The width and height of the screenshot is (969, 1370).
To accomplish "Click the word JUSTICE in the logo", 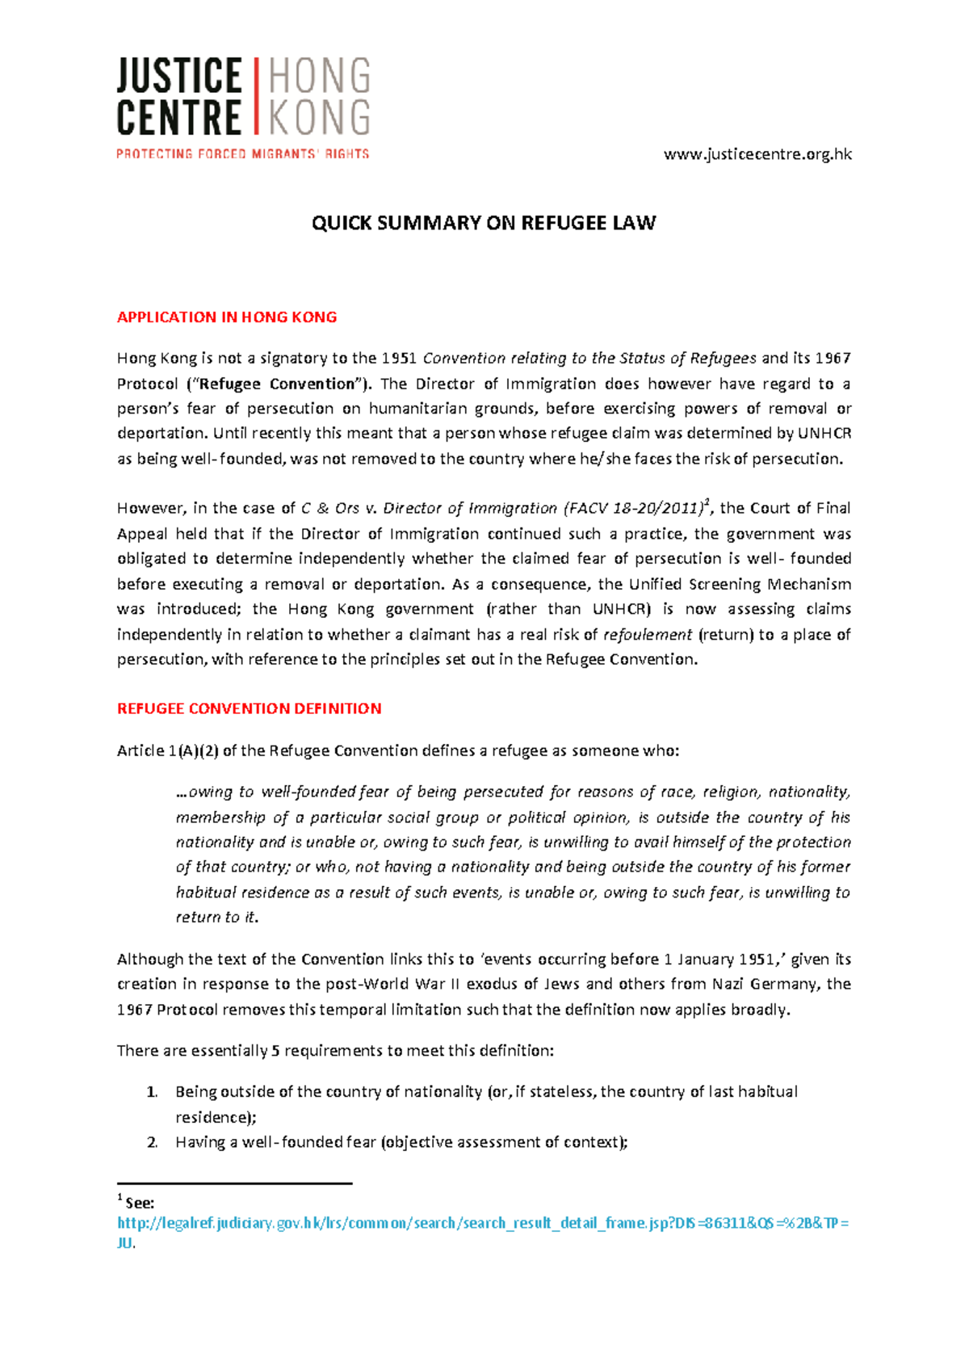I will tap(178, 77).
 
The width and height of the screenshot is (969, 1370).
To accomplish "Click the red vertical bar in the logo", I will tap(256, 95).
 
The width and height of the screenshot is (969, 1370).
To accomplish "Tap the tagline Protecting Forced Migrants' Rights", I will tap(242, 153).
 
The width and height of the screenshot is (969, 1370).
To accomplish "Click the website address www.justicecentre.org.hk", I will tap(757, 153).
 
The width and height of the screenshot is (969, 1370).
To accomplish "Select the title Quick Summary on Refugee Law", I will tap(484, 223).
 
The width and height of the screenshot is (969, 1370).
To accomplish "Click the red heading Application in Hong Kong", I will tap(227, 317).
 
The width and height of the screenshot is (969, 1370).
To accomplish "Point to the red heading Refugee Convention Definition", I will tap(249, 708).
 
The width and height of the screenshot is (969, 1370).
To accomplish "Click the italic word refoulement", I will tap(648, 634).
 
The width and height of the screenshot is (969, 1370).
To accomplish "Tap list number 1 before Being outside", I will tap(151, 1092).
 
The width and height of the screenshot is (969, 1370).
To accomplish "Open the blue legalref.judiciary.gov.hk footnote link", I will tap(483, 1223).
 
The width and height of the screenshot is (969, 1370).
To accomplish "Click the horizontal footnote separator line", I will tap(234, 1183).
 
